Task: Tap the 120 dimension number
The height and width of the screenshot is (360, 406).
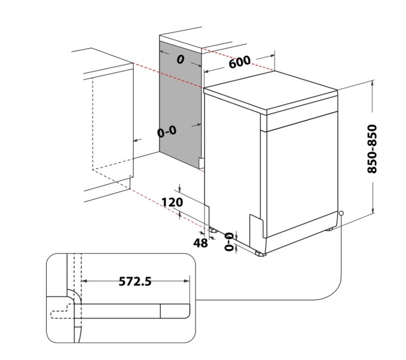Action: pyautogui.click(x=172, y=202)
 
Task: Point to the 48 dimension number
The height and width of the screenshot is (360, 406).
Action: pyautogui.click(x=200, y=242)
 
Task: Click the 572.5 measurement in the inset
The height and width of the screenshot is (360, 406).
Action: pyautogui.click(x=136, y=281)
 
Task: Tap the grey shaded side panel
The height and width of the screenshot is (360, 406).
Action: pyautogui.click(x=179, y=102)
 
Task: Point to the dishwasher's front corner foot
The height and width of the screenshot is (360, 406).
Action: pyautogui.click(x=260, y=254)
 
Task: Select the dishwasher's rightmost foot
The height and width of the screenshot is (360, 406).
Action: pyautogui.click(x=329, y=229)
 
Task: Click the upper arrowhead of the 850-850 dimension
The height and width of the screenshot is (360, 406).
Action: pyautogui.click(x=373, y=86)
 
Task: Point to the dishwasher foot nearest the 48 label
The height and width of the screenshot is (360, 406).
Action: pyautogui.click(x=213, y=229)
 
